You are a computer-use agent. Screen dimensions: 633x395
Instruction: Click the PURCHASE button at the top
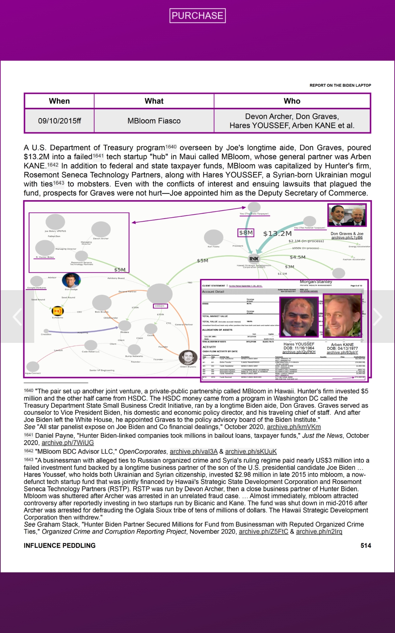coord(197,15)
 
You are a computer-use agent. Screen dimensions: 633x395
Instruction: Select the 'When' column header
coord(59,101)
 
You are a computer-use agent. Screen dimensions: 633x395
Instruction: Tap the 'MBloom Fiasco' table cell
coord(154,121)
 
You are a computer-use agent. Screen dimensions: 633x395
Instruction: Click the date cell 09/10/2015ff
coord(60,121)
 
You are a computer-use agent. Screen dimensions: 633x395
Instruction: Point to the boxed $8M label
coord(246,233)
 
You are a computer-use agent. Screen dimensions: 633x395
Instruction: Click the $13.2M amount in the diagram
coord(277,234)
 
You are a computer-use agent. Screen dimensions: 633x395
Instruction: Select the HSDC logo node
coord(254,259)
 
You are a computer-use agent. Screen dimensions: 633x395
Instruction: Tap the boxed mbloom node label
coord(160,306)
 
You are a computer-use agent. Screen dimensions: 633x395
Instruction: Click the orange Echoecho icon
coord(58,311)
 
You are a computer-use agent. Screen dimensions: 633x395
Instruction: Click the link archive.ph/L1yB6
coord(347,238)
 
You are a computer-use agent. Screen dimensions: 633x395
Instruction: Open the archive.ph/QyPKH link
coord(299,352)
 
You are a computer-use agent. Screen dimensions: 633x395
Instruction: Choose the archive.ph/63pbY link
coord(342,352)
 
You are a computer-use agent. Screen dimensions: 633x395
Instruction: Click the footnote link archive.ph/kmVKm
coord(294,427)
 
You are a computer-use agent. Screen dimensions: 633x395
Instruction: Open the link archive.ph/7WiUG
coord(68,443)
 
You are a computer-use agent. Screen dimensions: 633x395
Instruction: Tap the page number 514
coord(366,546)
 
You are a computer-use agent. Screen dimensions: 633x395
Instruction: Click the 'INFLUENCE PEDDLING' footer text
coord(60,546)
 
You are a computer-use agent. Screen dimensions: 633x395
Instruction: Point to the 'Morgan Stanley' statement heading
coord(316,282)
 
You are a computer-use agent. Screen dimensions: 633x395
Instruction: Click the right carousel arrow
coord(378,317)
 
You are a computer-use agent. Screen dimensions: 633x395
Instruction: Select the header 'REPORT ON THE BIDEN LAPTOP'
coord(340,85)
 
